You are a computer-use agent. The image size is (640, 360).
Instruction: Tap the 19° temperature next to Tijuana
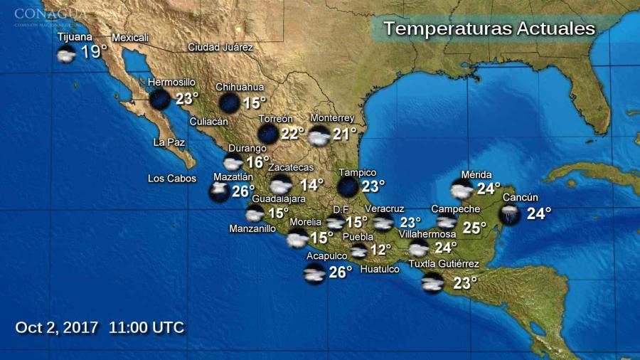click(93, 52)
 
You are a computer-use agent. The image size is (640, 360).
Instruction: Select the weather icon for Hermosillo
click(159, 99)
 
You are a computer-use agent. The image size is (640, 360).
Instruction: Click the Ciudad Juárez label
click(220, 48)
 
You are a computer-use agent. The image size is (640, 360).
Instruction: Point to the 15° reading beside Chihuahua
click(255, 102)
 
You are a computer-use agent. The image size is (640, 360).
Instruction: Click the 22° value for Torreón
click(292, 133)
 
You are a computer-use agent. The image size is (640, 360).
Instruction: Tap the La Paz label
click(169, 142)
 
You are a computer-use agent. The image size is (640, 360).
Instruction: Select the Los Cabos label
click(172, 179)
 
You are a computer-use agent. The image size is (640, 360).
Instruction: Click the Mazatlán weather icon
click(219, 191)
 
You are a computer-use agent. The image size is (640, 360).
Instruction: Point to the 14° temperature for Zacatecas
click(311, 184)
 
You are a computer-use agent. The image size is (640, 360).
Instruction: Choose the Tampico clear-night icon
click(348, 186)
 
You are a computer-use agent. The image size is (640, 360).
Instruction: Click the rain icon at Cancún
click(509, 213)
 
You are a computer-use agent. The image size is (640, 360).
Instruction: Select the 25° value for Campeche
click(474, 228)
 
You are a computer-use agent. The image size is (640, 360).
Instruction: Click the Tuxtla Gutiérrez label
click(444, 265)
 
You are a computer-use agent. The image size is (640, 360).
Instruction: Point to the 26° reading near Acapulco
click(341, 272)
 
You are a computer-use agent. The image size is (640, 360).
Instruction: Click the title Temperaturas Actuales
click(489, 29)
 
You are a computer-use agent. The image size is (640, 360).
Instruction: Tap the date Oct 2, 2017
click(58, 328)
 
